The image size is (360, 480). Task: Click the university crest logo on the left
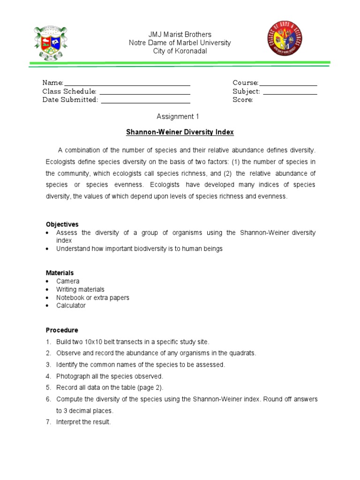coord(52,43)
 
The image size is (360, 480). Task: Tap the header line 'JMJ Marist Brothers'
coord(180,35)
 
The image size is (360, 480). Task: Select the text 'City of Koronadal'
coord(180,51)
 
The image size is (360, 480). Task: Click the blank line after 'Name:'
coord(127,83)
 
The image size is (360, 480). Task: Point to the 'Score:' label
coord(243,100)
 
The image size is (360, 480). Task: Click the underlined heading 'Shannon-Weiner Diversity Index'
coord(180,133)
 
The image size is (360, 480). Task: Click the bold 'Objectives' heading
coord(62,224)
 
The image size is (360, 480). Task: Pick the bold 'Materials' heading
coord(60,273)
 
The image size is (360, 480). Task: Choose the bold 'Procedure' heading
coord(62,330)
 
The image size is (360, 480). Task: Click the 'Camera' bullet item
coord(68,281)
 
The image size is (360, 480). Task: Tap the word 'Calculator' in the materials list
coord(71,306)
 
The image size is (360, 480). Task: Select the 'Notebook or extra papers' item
coord(93,298)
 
